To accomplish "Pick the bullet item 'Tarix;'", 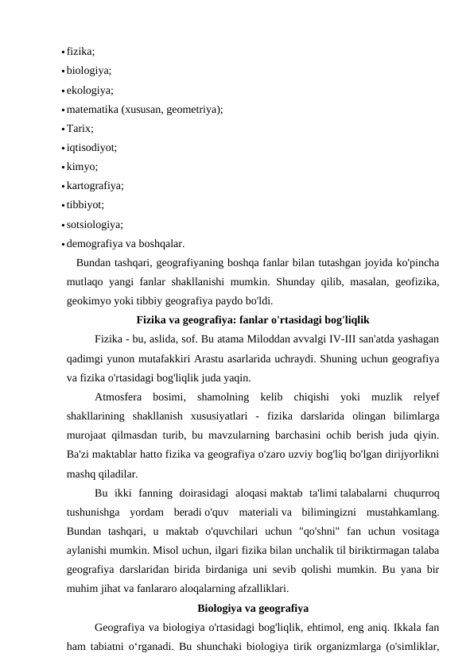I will click(80, 129).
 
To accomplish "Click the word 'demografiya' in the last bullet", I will click(93, 244).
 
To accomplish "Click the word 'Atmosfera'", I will click(117, 396).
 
